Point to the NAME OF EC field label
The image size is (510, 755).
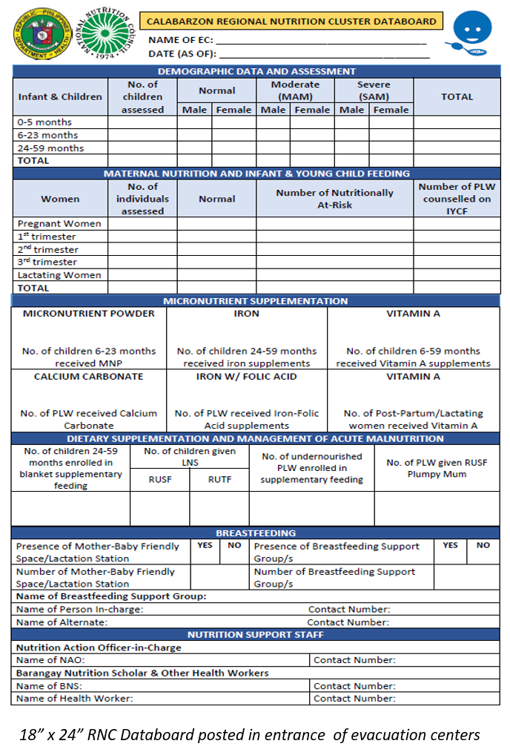179,41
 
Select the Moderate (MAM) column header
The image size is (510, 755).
295,90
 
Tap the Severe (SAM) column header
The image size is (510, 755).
374,90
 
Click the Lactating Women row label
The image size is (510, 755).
59,274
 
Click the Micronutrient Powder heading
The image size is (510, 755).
89,314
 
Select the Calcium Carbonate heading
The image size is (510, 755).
88,376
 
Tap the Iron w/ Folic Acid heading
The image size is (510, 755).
246,376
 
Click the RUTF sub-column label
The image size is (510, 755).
219,479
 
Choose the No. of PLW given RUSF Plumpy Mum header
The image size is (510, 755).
437,468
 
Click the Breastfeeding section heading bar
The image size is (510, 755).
256,533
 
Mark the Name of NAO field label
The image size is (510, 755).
50,660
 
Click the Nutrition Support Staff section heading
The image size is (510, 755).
256,635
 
